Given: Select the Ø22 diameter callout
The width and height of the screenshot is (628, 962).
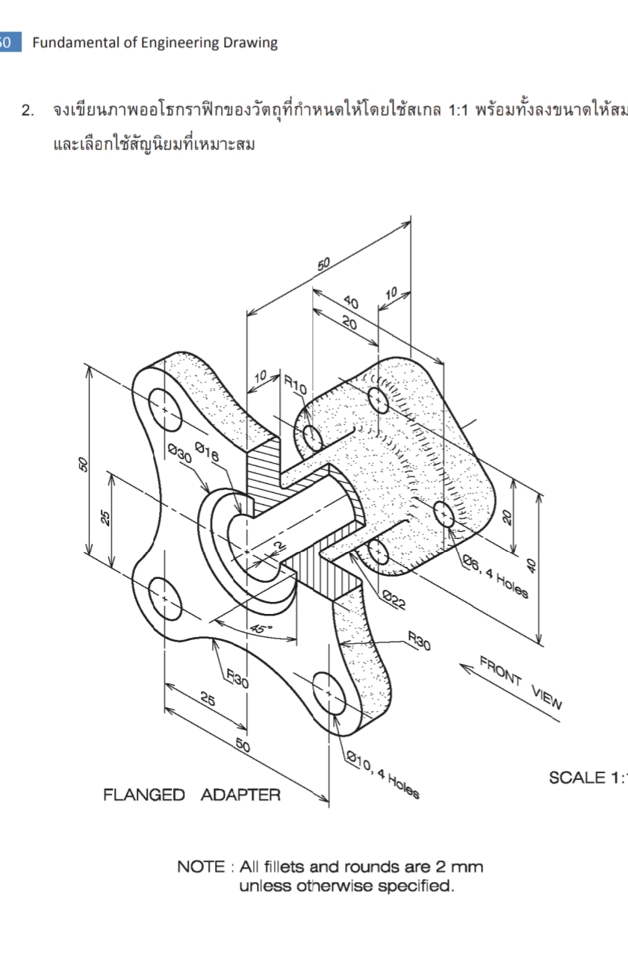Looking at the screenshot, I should coord(393,598).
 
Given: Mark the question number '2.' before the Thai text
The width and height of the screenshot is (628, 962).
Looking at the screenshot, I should coord(28,111).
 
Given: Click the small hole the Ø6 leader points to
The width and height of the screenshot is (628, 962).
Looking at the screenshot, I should coord(443,514).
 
